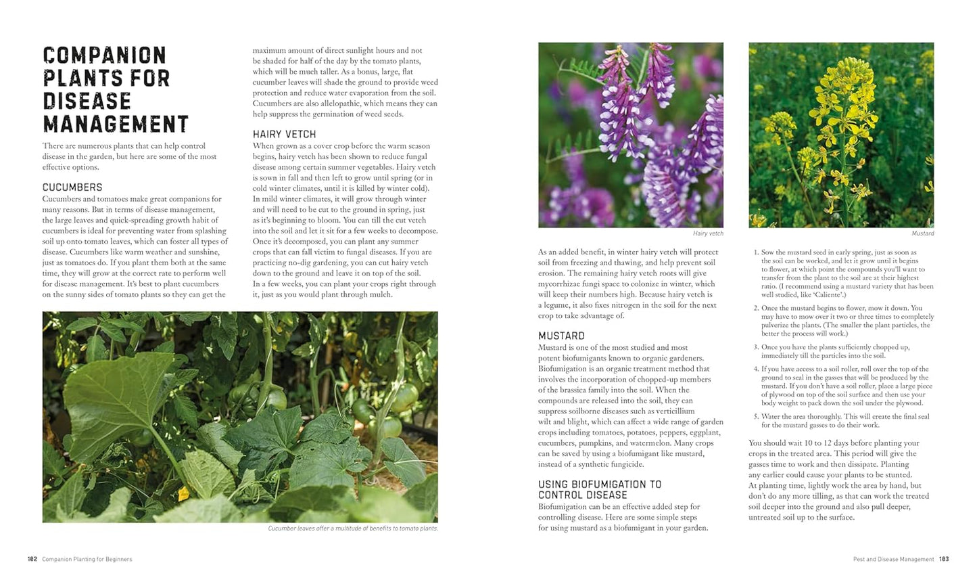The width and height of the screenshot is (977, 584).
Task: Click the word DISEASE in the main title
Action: (87, 101)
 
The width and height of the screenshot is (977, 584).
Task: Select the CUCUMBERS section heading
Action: (72, 187)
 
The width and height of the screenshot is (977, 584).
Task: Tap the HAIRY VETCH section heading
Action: (284, 134)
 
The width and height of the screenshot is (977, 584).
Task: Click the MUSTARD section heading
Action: (561, 336)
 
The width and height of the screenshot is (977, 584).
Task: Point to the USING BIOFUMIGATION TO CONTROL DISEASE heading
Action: (600, 489)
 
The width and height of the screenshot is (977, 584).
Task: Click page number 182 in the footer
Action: (32, 559)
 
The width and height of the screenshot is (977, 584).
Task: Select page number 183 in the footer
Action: (944, 559)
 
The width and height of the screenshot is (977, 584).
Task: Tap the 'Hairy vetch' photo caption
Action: (708, 233)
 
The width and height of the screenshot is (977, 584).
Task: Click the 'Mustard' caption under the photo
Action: (922, 233)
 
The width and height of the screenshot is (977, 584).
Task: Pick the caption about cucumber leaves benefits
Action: (352, 528)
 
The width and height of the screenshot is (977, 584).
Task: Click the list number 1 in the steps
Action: (755, 252)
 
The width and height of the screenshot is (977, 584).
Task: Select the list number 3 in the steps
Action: (755, 347)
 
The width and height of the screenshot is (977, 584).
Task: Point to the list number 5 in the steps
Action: (755, 417)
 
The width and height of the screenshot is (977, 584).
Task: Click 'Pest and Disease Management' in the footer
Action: (884, 559)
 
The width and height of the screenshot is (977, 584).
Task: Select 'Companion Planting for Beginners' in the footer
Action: (87, 559)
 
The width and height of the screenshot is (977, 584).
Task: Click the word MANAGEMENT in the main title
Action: (116, 124)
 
